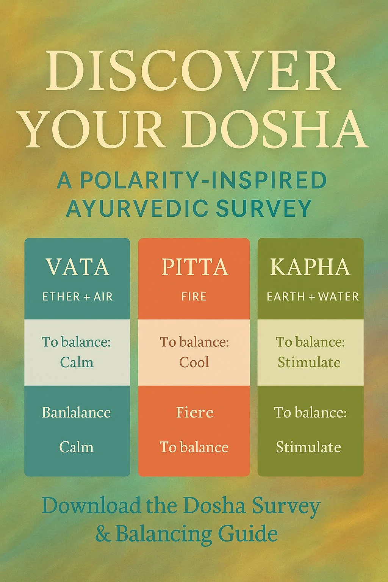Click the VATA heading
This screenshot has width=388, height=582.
pos(77,267)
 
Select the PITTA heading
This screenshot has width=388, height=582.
pos(194,267)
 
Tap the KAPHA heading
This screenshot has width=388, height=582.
pos(310,267)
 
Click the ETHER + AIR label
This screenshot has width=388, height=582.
pos(77,297)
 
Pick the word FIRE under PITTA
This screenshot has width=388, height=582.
pos(194,297)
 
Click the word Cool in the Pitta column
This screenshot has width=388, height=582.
pos(194,362)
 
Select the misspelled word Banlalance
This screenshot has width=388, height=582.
pos(76,412)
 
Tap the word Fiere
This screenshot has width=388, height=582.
pos(194,412)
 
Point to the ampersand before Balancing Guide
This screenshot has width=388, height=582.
pos(102,534)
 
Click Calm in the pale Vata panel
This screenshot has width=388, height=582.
pos(77,362)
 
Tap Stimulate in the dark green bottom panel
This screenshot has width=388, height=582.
pos(308,447)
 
